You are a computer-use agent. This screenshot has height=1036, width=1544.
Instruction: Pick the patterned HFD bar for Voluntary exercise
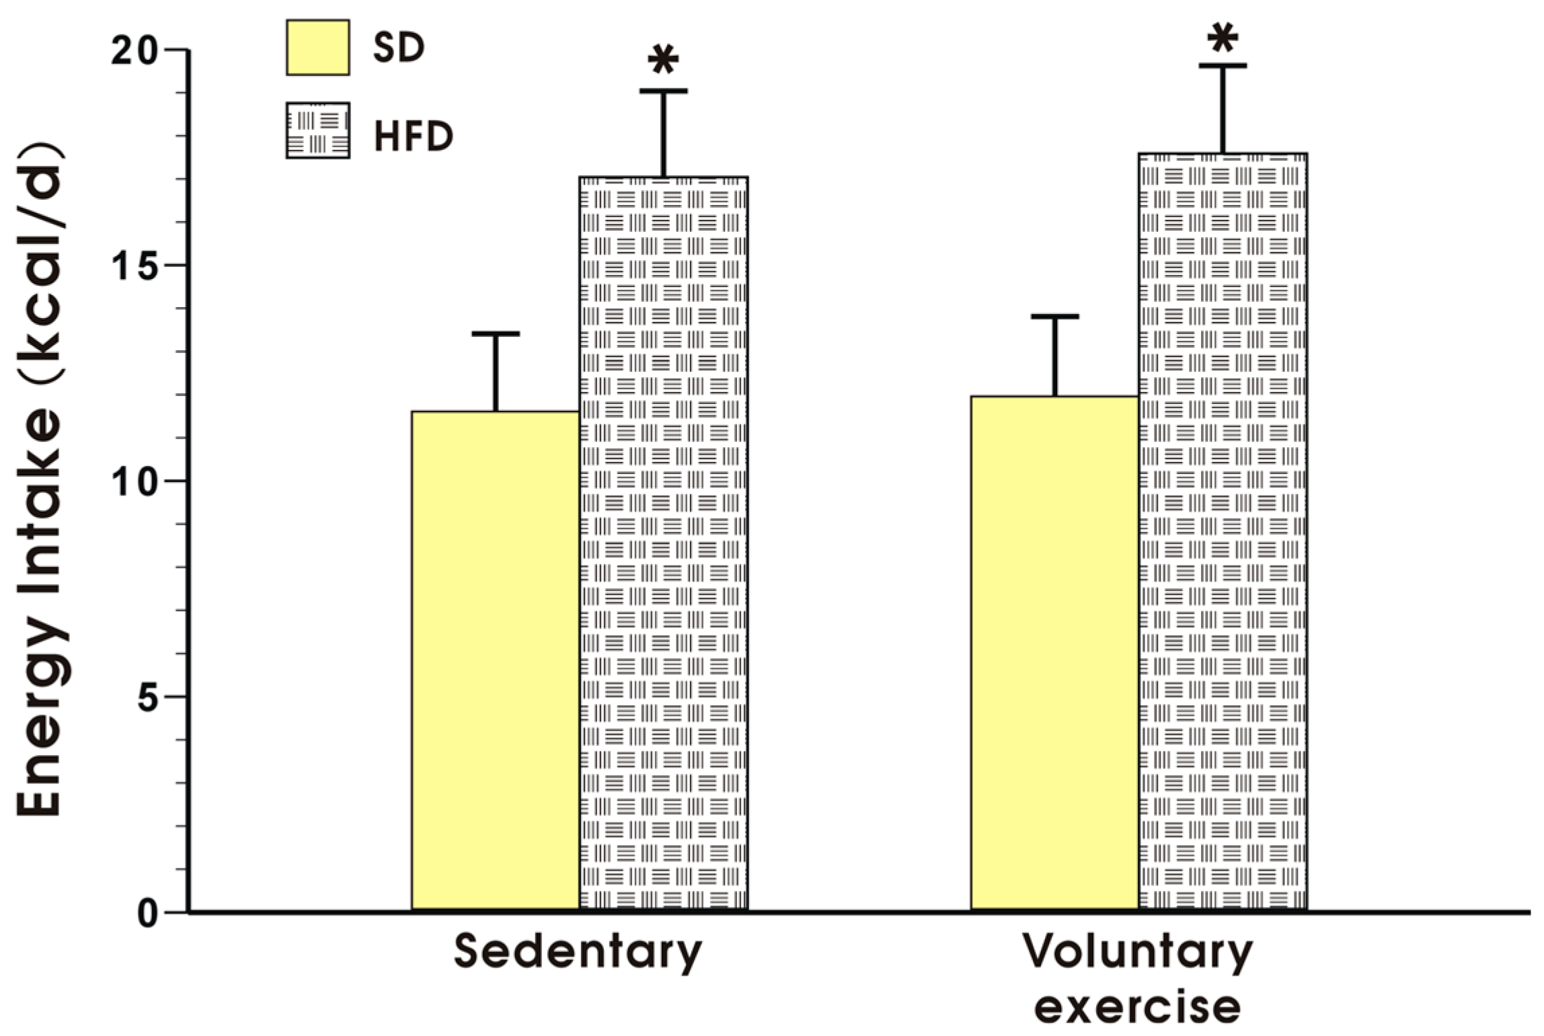click(1222, 531)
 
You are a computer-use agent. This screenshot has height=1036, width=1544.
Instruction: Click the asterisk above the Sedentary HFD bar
click(663, 61)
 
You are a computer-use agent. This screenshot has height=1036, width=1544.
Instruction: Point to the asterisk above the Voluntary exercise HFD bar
click(1222, 38)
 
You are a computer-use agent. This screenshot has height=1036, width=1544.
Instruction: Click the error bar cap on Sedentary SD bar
click(496, 333)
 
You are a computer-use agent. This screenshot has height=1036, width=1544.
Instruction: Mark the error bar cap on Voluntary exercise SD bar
click(1054, 316)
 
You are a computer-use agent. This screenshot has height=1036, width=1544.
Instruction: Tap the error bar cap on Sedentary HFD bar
click(663, 91)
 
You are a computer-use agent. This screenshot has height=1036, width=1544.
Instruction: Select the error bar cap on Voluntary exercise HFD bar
click(1222, 66)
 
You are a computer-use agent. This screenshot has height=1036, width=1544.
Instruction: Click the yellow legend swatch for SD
click(317, 47)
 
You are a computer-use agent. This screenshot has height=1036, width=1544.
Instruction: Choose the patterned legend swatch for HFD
click(317, 130)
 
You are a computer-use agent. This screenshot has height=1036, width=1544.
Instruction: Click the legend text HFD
click(413, 136)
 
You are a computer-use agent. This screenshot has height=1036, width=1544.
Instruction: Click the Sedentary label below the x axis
click(578, 952)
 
